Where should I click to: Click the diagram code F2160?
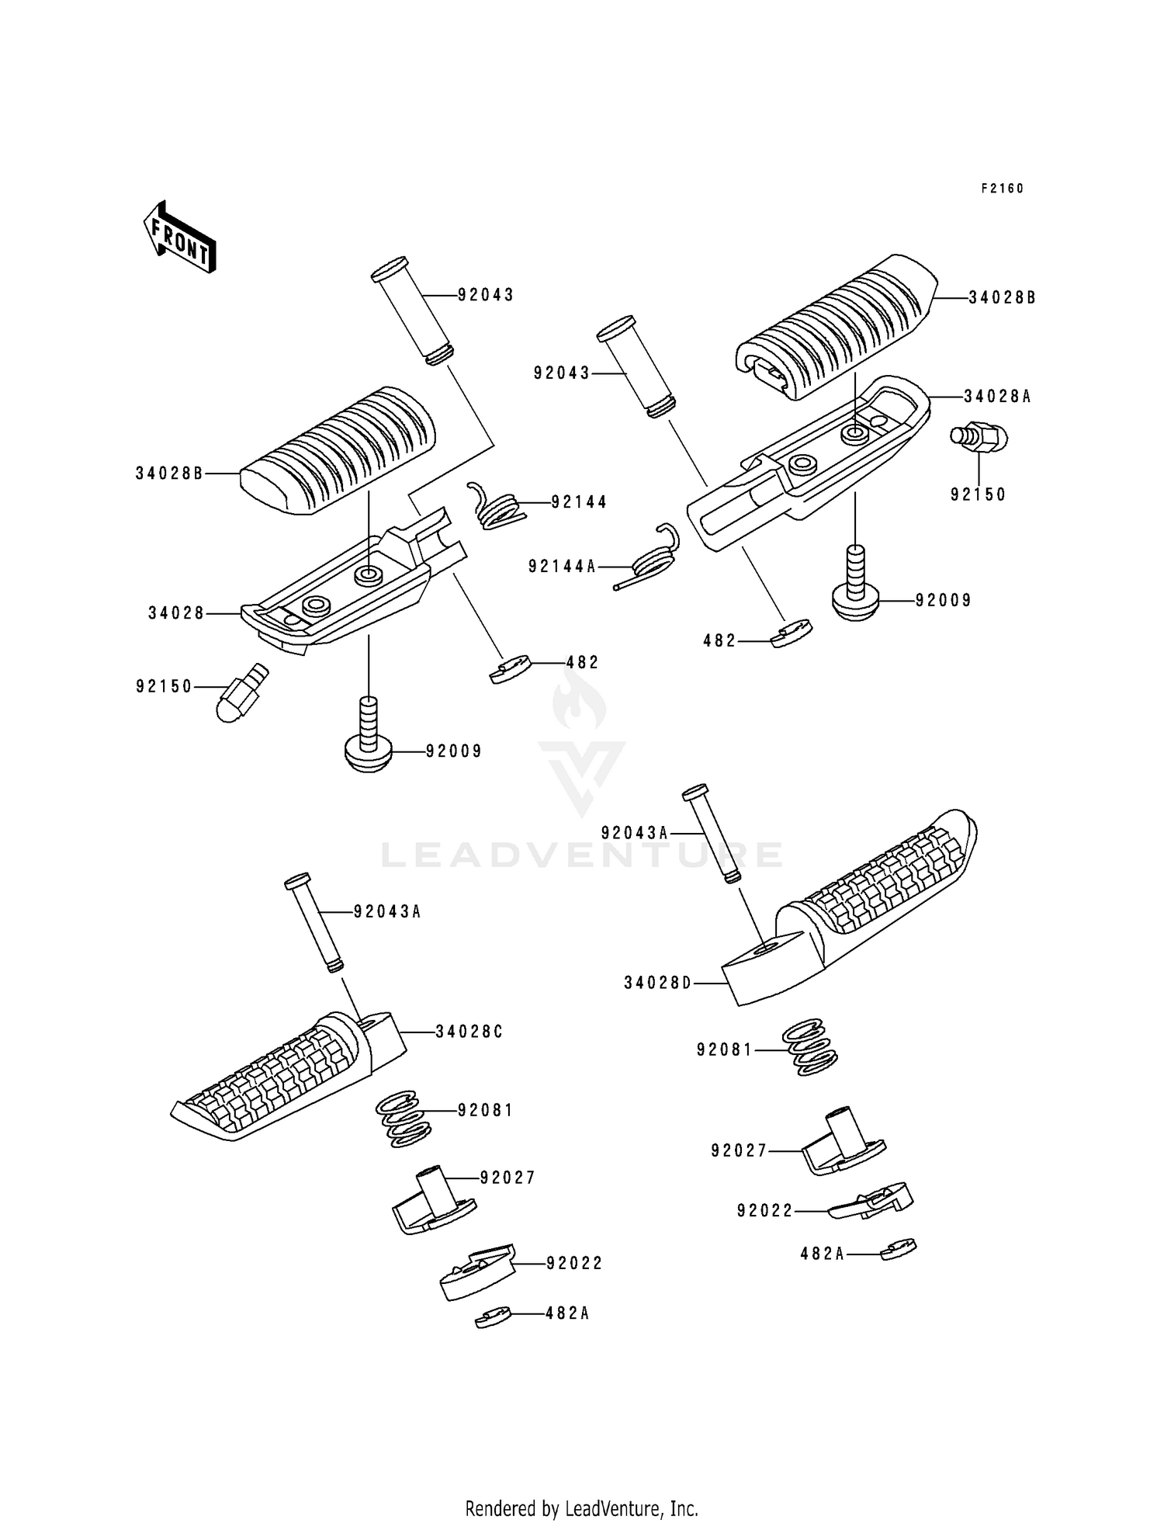pyautogui.click(x=1002, y=189)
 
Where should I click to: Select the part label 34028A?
pyautogui.click(x=997, y=397)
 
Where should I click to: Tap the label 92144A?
pyautogui.click(x=563, y=567)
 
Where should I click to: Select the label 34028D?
pyautogui.click(x=657, y=984)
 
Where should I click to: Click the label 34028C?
pyautogui.click(x=469, y=1032)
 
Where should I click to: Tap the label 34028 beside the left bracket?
pyautogui.click(x=176, y=613)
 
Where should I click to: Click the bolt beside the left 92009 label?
pyautogui.click(x=369, y=737)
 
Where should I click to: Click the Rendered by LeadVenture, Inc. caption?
pyautogui.click(x=581, y=1508)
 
